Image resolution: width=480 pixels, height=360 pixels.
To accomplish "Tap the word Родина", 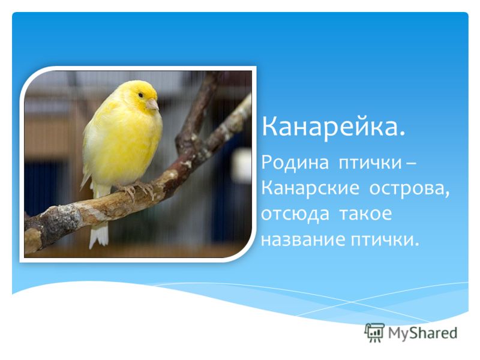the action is [295, 162].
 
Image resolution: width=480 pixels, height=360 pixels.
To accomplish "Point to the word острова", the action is [410, 188].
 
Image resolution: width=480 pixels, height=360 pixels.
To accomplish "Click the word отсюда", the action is [295, 214].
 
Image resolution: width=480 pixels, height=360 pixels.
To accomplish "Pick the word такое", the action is [365, 214].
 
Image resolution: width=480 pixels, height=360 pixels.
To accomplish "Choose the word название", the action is [302, 239].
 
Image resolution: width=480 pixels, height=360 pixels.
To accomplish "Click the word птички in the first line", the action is [370, 162].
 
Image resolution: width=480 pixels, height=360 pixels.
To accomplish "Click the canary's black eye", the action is [140, 95].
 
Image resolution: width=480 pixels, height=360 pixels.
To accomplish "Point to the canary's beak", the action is [152, 104].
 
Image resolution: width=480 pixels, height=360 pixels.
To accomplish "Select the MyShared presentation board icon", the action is [374, 332].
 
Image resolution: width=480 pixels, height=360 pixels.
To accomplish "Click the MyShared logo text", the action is [422, 333].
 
